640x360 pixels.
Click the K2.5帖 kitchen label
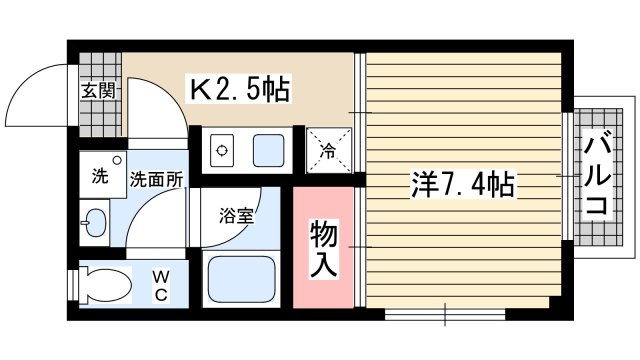240,89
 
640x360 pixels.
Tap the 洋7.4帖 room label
462,184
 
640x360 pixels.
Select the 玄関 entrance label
98,91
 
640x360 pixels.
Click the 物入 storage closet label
324,249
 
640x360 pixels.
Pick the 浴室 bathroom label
237,216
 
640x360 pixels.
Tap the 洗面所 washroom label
156,179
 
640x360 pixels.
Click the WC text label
162,286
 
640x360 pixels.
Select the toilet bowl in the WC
105,285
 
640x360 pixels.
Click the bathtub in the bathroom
241,279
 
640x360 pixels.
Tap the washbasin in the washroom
95,223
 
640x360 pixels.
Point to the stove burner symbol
222,151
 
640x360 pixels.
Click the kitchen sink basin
268,151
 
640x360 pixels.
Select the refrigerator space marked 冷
329,150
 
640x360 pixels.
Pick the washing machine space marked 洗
102,174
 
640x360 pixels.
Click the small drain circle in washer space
117,160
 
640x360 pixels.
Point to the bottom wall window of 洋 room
445,314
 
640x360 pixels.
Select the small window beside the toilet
73,285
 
